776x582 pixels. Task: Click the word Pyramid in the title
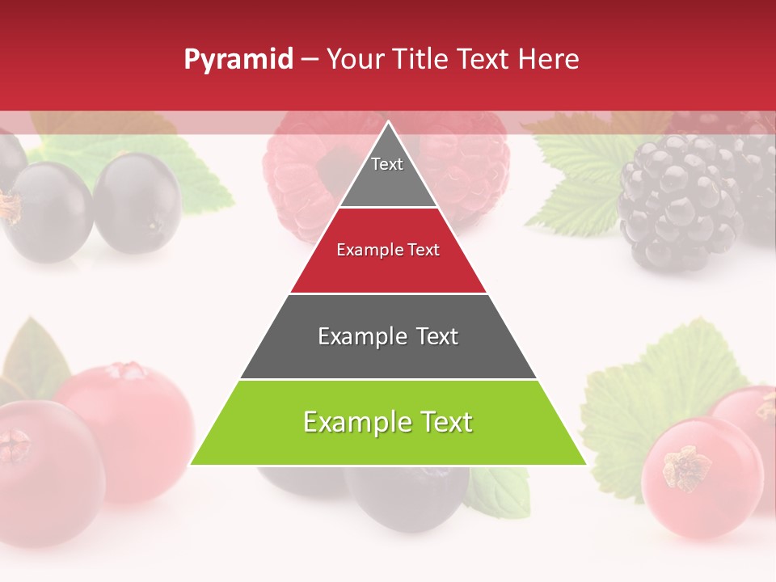(238, 61)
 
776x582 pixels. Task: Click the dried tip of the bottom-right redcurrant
(685, 468)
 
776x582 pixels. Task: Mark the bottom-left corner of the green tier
(192, 464)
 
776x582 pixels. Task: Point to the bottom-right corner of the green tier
(585, 464)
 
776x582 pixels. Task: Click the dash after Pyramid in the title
(310, 61)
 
